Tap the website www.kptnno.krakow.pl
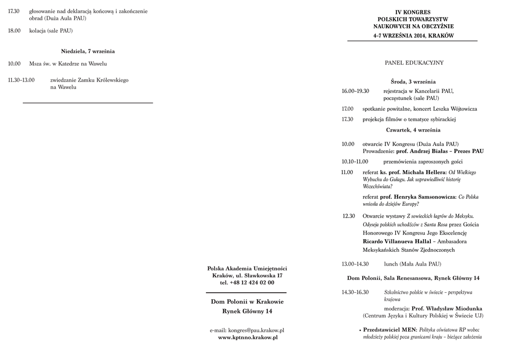(x=248, y=337)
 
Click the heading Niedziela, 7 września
(x=88, y=51)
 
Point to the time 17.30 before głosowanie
(x=14, y=11)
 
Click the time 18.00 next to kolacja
(x=14, y=31)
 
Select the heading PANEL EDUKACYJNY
(x=414, y=63)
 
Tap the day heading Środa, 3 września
(x=413, y=82)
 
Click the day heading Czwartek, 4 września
(x=413, y=130)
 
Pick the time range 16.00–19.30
(x=355, y=91)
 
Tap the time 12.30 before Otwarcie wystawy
(x=349, y=216)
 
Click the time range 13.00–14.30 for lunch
(x=355, y=264)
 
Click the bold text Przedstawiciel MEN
(x=390, y=329)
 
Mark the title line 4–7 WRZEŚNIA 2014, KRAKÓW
(x=413, y=36)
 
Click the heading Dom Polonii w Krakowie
(x=248, y=301)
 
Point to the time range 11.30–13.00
(x=21, y=80)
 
